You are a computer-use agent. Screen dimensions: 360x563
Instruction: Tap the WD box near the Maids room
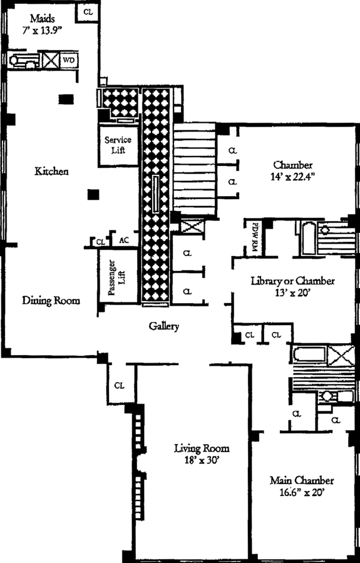point(69,60)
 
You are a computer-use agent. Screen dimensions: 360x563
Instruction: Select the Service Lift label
point(118,145)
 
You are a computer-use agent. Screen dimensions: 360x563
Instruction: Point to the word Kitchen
point(52,171)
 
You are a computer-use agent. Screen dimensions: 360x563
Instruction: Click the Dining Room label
point(51,300)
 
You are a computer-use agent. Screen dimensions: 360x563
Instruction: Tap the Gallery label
point(164,326)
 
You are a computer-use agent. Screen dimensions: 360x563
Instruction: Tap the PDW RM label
point(254,239)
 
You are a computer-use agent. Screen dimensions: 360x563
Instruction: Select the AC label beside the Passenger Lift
point(123,241)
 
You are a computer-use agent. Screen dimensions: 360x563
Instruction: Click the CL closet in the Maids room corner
point(88,12)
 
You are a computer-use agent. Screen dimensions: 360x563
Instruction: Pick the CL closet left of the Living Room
point(119,386)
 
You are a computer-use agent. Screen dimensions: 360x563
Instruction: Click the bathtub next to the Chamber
point(308,238)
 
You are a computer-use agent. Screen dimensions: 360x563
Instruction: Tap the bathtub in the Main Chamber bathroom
point(309,354)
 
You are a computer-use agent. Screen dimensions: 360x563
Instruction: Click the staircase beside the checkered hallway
point(194,170)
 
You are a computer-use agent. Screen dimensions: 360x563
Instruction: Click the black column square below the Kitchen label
point(93,194)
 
